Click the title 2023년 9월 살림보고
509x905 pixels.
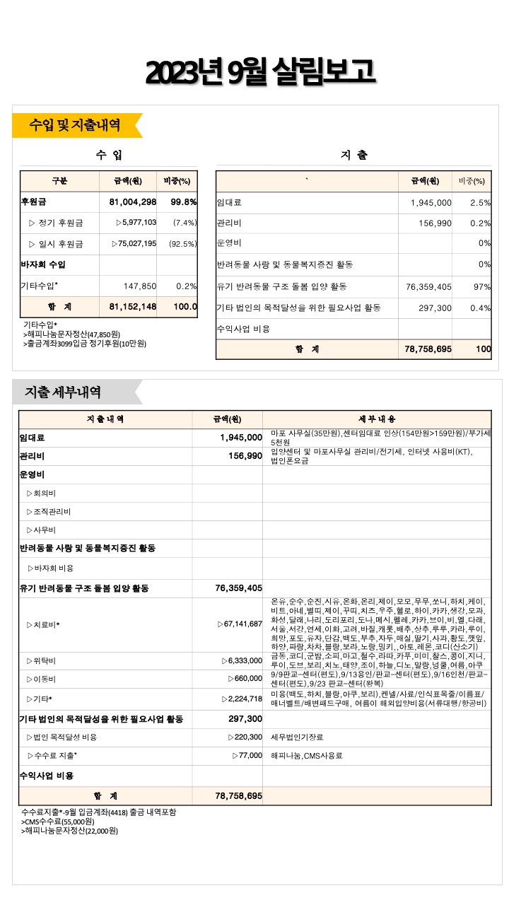pyautogui.click(x=259, y=71)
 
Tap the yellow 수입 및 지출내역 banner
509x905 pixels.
pyautogui.click(x=75, y=125)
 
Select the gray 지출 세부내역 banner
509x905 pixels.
pyautogui.click(x=64, y=392)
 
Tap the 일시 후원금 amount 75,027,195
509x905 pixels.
pyautogui.click(x=135, y=244)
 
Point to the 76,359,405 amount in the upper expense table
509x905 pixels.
pyautogui.click(x=429, y=286)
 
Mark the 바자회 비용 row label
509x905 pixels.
pyautogui.click(x=50, y=568)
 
